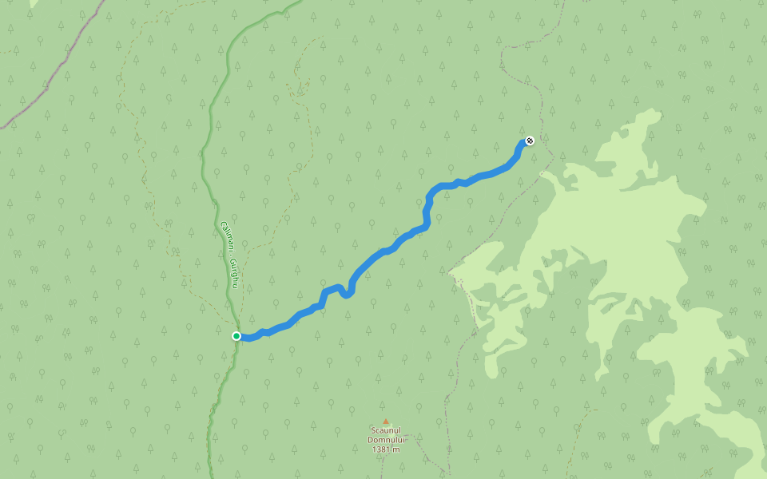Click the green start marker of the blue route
[236, 336]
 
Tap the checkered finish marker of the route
[529, 141]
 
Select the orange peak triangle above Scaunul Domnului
[385, 422]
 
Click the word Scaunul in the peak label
[385, 431]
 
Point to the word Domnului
[387, 440]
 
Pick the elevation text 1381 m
[386, 449]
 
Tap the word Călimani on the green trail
[226, 237]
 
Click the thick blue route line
[383, 251]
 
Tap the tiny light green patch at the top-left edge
[33, 3]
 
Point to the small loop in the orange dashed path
[299, 80]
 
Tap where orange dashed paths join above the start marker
[232, 307]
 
